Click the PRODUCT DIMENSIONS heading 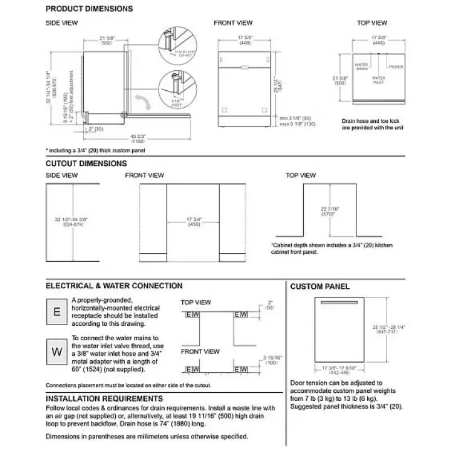89,9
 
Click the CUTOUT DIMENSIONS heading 86,163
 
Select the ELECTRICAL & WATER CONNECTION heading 114,286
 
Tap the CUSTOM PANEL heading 319,287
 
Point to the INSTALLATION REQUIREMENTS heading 104,398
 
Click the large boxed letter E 57,311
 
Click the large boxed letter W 57,351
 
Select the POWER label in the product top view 395,66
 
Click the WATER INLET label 378,80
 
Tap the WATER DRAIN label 361,66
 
